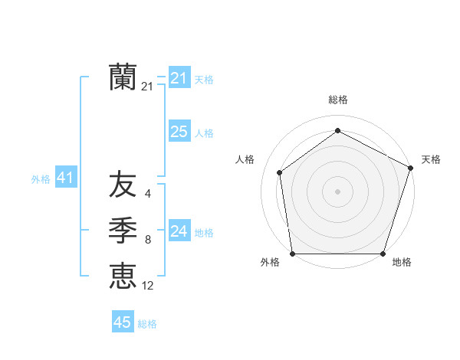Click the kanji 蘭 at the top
point(123,77)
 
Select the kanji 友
point(123,185)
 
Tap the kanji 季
point(123,229)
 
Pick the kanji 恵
point(123,275)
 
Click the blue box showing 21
point(179,78)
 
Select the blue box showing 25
point(179,132)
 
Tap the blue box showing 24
point(179,231)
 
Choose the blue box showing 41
point(65,178)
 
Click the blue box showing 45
point(123,322)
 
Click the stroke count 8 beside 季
point(148,241)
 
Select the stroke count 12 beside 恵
point(148,286)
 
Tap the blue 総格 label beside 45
point(147,324)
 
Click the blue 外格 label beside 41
point(41,179)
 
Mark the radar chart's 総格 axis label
point(337,100)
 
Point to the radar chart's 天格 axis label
point(431,159)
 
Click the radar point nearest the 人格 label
point(280,172)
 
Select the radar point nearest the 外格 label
point(293,254)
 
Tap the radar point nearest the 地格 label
point(383,254)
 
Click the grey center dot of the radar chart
point(337,191)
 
